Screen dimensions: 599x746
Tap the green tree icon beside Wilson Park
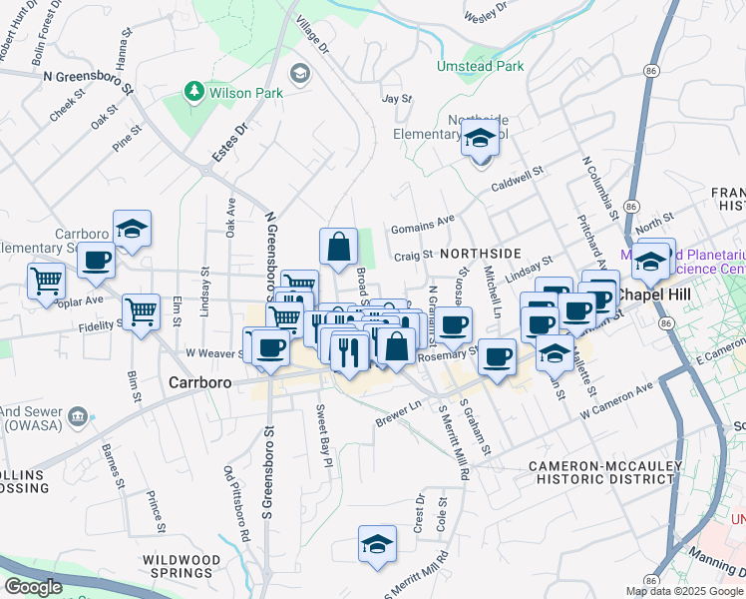pos(193,92)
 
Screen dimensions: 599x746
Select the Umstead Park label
pos(480,66)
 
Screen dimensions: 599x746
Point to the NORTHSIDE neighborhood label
pos(480,254)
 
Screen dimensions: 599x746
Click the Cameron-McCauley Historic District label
pos(605,472)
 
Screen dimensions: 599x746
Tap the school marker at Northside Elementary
pos(480,142)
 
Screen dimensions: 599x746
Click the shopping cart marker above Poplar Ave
pos(46,282)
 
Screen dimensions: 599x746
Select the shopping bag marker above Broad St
pos(339,246)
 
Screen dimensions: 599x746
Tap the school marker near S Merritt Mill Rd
pos(377,544)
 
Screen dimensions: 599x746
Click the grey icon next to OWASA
pos(76,415)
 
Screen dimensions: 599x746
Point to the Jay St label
pos(397,99)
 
